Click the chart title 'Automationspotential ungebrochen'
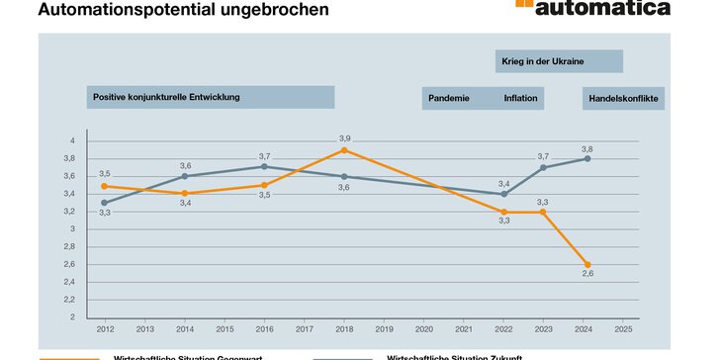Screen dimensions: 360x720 pyautogui.click(x=184, y=10)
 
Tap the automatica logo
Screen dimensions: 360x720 pyautogui.click(x=592, y=8)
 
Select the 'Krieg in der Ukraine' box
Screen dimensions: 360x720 pyautogui.click(x=559, y=61)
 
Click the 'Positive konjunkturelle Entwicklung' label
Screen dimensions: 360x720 pyautogui.click(x=210, y=97)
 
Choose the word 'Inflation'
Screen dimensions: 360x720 pyautogui.click(x=520, y=98)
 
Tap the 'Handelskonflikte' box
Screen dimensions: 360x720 pyautogui.click(x=623, y=98)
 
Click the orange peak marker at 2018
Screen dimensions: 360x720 pyautogui.click(x=344, y=150)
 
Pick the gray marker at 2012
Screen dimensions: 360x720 pyautogui.click(x=104, y=203)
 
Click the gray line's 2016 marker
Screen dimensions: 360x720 pyautogui.click(x=264, y=167)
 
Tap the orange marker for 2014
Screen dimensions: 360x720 pyautogui.click(x=185, y=194)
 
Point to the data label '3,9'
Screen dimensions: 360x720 pyautogui.click(x=344, y=138)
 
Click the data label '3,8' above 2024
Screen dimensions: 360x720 pyautogui.click(x=587, y=147)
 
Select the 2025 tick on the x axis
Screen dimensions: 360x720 pyautogui.click(x=623, y=328)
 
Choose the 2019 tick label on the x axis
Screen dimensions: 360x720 pyautogui.click(x=384, y=328)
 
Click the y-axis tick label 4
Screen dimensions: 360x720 pyautogui.click(x=71, y=140)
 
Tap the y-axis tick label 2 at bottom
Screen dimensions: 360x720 pyautogui.click(x=71, y=317)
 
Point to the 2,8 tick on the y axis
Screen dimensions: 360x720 pyautogui.click(x=69, y=246)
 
